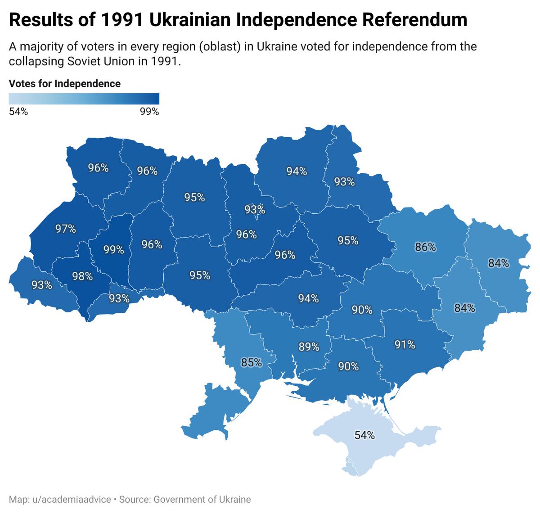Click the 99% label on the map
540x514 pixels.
(113, 249)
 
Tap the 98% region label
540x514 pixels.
(82, 276)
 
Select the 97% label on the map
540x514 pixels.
(66, 229)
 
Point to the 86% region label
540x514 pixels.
(425, 247)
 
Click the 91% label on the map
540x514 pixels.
(405, 345)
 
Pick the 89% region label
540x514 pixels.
(309, 347)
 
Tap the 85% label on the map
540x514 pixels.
(251, 362)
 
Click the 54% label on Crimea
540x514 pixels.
(364, 435)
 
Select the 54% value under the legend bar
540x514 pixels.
(18, 112)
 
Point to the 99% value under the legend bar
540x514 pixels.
(149, 112)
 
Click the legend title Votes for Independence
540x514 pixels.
(65, 84)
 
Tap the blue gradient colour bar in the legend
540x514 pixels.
(84, 99)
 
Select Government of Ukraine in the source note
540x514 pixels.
(202, 500)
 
